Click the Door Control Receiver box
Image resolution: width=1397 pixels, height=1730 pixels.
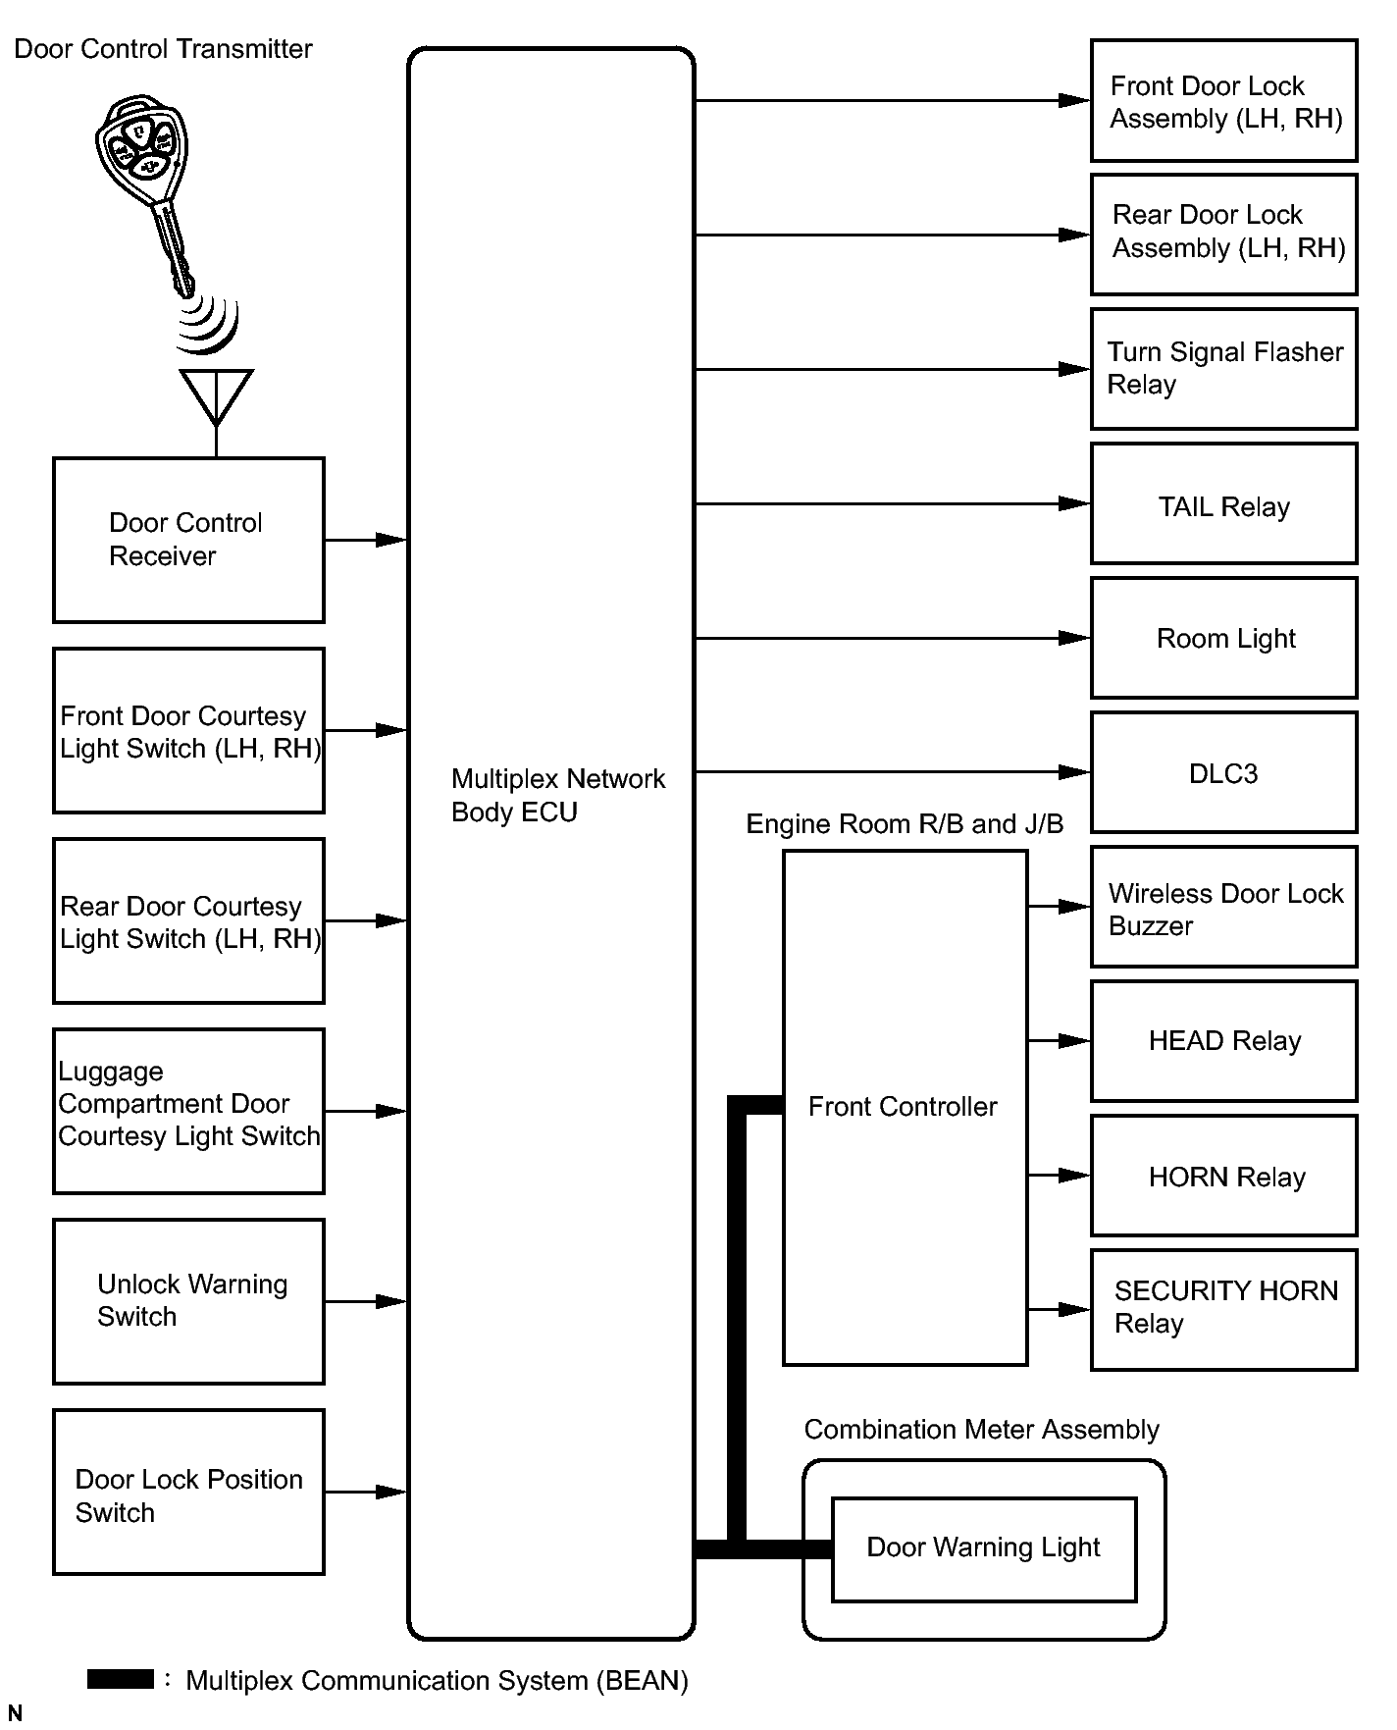[x=188, y=540]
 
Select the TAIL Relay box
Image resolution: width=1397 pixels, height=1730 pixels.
[x=1223, y=504]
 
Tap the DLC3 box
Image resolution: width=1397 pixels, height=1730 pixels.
[x=1223, y=773]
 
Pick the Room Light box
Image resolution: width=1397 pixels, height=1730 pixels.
[x=1223, y=639]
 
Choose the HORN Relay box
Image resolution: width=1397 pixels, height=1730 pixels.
[x=1223, y=1176]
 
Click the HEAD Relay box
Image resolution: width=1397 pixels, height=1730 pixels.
[x=1223, y=1041]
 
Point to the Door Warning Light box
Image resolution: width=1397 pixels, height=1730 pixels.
[x=983, y=1548]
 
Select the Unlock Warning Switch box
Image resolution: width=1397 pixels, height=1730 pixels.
[x=188, y=1301]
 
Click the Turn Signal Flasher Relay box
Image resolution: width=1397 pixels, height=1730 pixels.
[x=1223, y=369]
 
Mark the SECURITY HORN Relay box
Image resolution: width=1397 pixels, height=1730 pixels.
[x=1223, y=1309]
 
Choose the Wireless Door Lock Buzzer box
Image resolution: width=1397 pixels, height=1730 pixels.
[x=1223, y=908]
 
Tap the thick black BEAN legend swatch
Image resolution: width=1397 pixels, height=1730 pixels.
[x=120, y=1679]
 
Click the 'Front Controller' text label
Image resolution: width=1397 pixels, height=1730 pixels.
[x=903, y=1107]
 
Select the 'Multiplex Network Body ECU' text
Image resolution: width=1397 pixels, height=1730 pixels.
[x=557, y=796]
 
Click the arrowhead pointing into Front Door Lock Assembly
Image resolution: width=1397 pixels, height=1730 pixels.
[x=1075, y=100]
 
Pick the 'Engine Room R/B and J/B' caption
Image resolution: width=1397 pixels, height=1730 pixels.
[x=905, y=824]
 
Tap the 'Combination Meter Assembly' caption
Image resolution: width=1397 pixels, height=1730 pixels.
[x=981, y=1430]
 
